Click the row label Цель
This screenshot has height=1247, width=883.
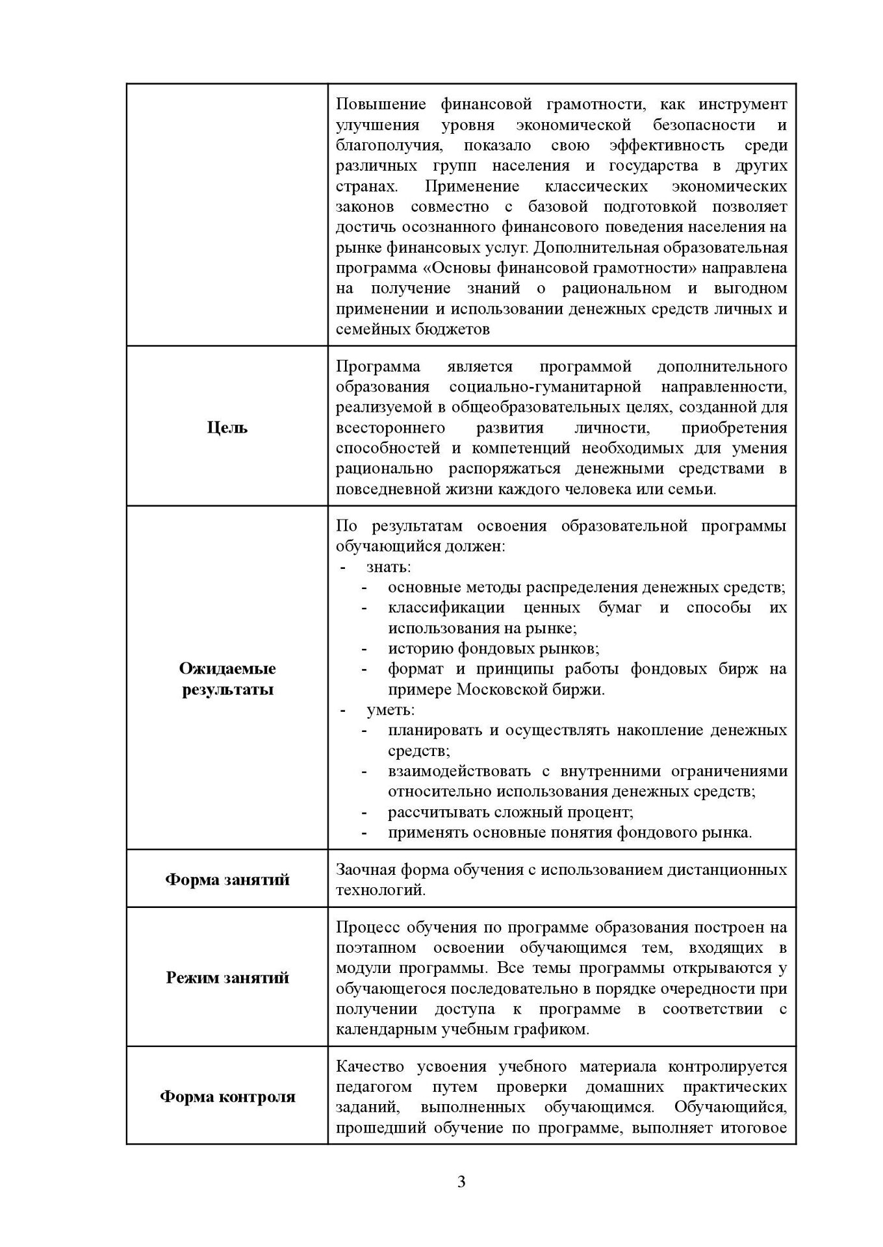pyautogui.click(x=227, y=427)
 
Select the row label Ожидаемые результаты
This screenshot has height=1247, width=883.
pyautogui.click(x=227, y=679)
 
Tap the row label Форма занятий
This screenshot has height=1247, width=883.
pyautogui.click(x=227, y=879)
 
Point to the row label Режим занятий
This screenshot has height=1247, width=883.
pyautogui.click(x=227, y=977)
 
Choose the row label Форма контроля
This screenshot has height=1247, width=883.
pyautogui.click(x=227, y=1096)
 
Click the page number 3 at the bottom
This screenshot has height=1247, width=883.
pyautogui.click(x=461, y=1181)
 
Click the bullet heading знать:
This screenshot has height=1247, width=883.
pyautogui.click(x=389, y=567)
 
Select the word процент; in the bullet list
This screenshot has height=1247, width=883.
pyautogui.click(x=600, y=812)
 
